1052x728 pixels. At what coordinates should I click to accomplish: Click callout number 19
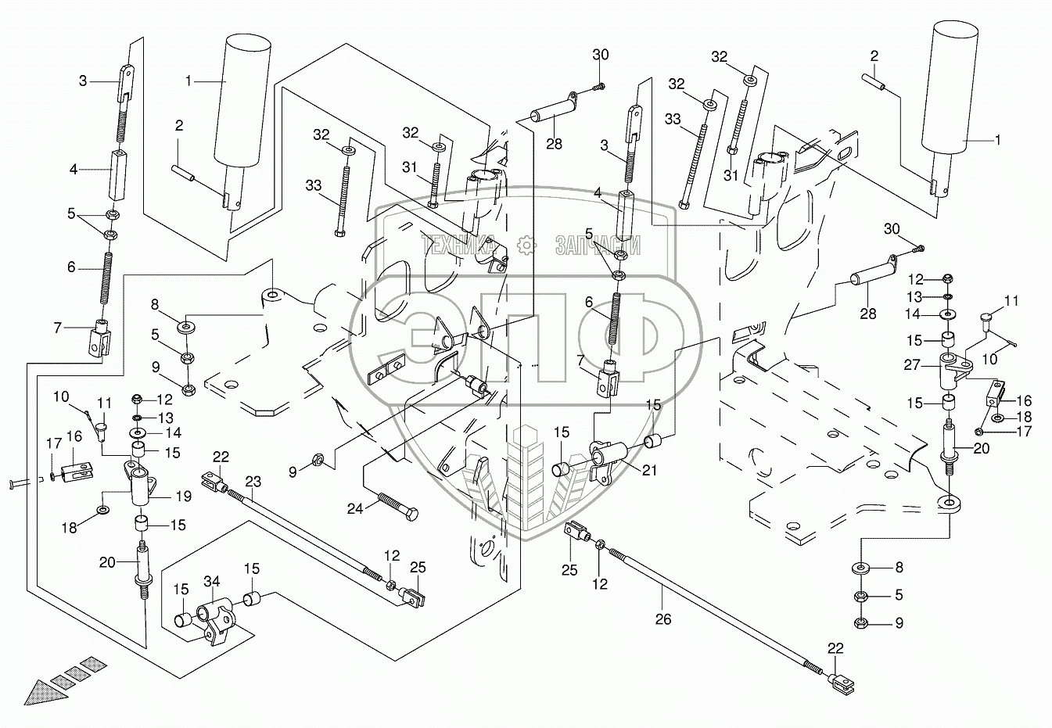point(184,496)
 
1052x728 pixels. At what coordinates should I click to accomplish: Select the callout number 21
point(649,470)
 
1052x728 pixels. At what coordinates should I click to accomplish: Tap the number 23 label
point(253,482)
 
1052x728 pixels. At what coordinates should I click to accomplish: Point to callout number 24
point(354,508)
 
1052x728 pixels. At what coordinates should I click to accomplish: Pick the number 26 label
point(663,619)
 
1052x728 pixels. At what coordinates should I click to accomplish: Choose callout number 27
point(912,364)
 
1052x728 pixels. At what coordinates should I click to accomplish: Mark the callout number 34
point(211,582)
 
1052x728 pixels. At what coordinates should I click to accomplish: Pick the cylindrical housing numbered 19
point(140,483)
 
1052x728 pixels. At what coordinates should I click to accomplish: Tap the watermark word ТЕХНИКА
point(458,246)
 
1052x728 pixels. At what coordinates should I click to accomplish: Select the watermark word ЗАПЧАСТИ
point(598,246)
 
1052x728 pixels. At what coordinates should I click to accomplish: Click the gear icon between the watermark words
point(526,246)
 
